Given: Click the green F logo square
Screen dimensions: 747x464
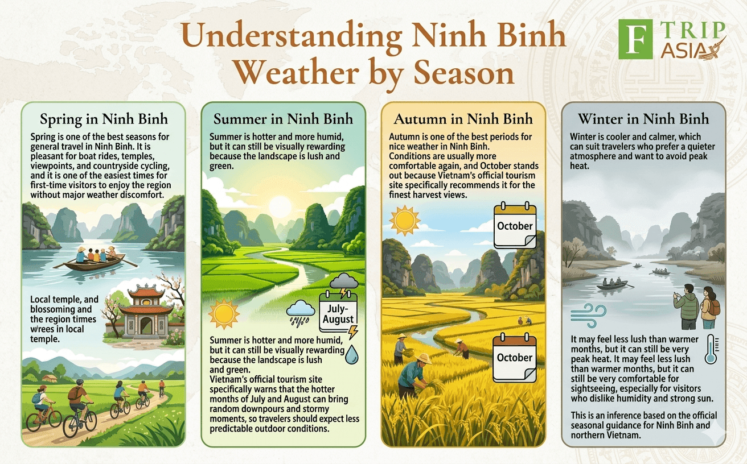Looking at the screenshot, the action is pyautogui.click(x=635, y=39).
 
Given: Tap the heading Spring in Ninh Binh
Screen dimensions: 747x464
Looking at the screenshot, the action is pyautogui.click(x=104, y=119).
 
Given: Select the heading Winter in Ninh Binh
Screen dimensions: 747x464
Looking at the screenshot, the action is pyautogui.click(x=643, y=119).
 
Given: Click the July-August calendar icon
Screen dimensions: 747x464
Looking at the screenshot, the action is pyautogui.click(x=338, y=312).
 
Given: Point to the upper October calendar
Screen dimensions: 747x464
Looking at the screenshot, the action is pyautogui.click(x=515, y=225).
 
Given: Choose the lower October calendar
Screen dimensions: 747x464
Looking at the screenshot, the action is pyautogui.click(x=514, y=358).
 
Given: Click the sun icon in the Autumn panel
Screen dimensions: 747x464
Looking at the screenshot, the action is pyautogui.click(x=405, y=221).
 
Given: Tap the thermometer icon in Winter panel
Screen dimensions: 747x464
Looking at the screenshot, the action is pyautogui.click(x=711, y=349).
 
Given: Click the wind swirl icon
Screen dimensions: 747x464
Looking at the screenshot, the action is pyautogui.click(x=588, y=315).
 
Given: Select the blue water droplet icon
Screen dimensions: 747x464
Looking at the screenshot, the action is pyautogui.click(x=351, y=354).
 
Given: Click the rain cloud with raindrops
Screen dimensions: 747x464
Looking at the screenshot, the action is pyautogui.click(x=301, y=312).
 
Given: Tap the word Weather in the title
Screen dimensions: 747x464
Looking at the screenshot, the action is pyautogui.click(x=297, y=73).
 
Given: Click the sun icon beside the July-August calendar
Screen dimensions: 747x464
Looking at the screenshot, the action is pyautogui.click(x=224, y=314).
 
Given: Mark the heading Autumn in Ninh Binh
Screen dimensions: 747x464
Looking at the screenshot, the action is pyautogui.click(x=463, y=119).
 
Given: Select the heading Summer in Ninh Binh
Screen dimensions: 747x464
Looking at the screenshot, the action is pyautogui.click(x=283, y=119).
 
